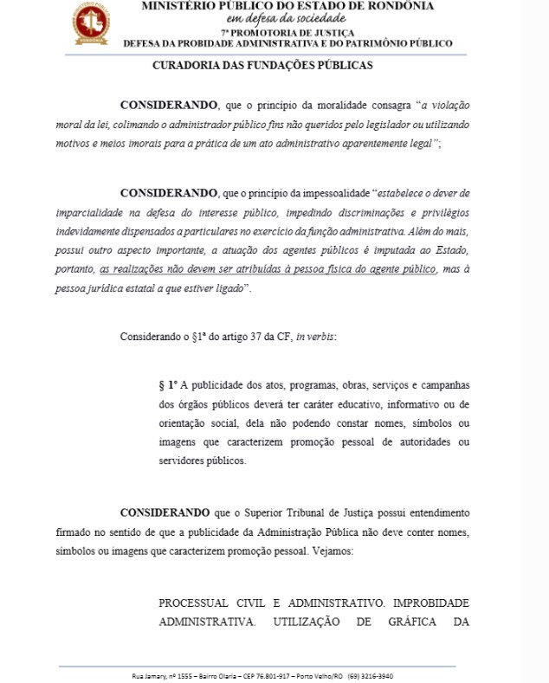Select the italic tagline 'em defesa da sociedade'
click(x=274, y=19)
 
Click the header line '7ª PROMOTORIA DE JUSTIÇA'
click(x=274, y=32)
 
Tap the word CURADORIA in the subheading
click(x=186, y=65)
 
